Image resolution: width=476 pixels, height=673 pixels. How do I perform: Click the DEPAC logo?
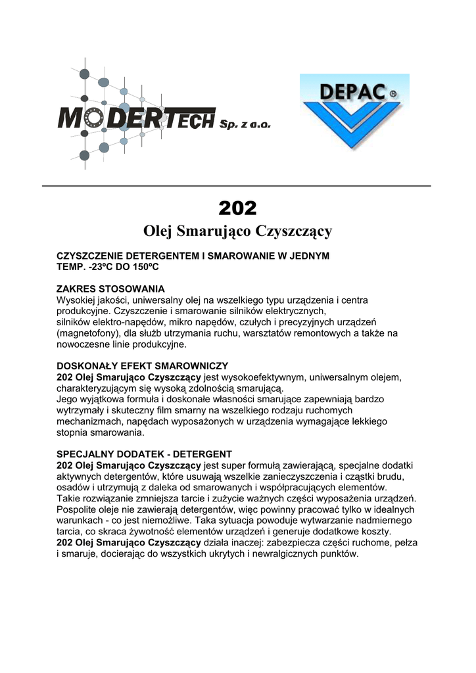(354, 112)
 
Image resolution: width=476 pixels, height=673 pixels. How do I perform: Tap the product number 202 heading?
(237, 208)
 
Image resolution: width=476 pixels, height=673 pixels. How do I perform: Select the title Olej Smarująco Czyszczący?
(237, 231)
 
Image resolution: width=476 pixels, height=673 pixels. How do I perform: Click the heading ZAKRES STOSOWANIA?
(110, 289)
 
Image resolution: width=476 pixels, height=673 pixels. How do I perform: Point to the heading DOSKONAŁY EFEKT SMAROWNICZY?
(143, 365)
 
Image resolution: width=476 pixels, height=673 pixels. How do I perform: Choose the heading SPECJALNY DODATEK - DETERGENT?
(145, 454)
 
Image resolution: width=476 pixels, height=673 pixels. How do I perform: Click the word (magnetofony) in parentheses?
(88, 333)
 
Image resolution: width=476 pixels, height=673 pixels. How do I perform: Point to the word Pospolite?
(78, 509)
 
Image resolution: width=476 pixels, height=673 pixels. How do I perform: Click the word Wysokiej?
(76, 300)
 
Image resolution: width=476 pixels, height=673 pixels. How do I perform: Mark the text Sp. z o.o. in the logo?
(245, 124)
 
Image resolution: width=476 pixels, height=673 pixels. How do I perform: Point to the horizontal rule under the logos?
(237, 186)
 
